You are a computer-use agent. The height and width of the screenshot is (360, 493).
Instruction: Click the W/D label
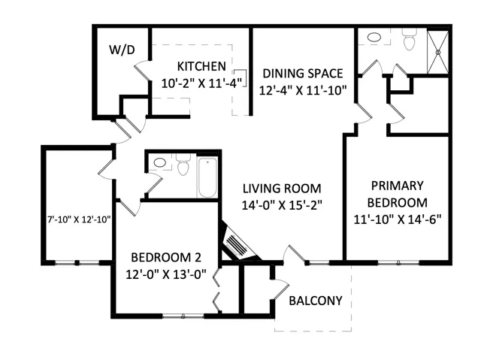coord(122,50)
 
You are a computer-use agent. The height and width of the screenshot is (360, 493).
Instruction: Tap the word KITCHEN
coord(201,66)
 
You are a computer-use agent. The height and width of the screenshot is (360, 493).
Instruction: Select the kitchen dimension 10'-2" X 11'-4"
coord(201,83)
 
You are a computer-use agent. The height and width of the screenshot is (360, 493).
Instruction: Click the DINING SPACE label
coord(303,73)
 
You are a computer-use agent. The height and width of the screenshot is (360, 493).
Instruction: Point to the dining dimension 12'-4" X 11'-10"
coord(303,90)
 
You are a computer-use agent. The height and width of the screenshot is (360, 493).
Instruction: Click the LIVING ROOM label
coord(282,189)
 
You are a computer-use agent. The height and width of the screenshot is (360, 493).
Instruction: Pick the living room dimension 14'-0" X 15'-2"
coord(282,205)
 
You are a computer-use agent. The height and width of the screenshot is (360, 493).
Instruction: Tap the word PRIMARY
coord(398,186)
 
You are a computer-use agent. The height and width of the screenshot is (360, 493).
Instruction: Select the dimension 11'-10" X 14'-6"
coord(398,219)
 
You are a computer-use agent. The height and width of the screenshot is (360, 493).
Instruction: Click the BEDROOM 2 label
coord(166,258)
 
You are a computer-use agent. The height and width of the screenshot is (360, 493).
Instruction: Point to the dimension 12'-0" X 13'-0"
coord(166,274)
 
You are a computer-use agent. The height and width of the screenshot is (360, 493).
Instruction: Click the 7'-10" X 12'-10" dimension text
coord(79,219)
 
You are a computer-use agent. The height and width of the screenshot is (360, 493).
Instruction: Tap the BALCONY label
coord(316,301)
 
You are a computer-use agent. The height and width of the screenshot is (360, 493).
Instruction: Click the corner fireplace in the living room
coord(238,242)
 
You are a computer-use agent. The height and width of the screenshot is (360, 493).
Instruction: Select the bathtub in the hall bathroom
coord(207,177)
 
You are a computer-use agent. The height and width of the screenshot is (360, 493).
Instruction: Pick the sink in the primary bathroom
coord(374,37)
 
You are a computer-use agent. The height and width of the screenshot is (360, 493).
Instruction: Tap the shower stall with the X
coord(437,52)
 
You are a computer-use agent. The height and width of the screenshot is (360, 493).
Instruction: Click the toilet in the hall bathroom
coord(183,165)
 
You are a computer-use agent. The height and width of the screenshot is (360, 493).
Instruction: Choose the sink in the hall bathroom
coord(160,162)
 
